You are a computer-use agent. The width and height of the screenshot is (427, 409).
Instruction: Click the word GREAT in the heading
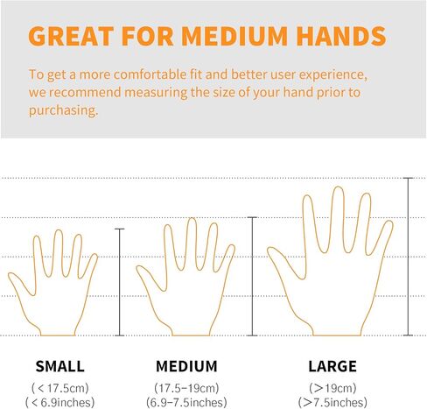pyautogui.click(x=71, y=36)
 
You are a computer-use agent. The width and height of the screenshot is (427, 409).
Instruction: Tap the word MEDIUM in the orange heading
pyautogui.click(x=234, y=36)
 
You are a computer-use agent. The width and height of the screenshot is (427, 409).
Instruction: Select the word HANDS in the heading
pyautogui.click(x=341, y=36)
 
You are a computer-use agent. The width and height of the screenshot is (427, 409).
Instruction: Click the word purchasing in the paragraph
pyautogui.click(x=63, y=110)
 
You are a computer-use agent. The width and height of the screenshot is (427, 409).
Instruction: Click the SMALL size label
pyautogui.click(x=60, y=366)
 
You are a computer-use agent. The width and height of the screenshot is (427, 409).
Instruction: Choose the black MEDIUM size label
pyautogui.click(x=186, y=366)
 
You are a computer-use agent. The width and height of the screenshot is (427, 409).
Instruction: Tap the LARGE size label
pyautogui.click(x=332, y=366)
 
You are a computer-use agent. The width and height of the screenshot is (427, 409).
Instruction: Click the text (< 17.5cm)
pyautogui.click(x=60, y=388)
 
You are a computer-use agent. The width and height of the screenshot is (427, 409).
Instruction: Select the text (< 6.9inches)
pyautogui.click(x=60, y=402)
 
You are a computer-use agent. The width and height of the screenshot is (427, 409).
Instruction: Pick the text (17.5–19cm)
pyautogui.click(x=186, y=388)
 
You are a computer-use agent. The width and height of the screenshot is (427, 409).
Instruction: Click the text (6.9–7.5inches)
pyautogui.click(x=186, y=402)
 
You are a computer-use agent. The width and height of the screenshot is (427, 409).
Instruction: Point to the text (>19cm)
pyautogui.click(x=332, y=388)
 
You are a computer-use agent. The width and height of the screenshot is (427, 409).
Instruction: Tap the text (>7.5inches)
pyautogui.click(x=332, y=402)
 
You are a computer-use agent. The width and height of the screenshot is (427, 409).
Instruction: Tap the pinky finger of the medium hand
pyautogui.click(x=226, y=257)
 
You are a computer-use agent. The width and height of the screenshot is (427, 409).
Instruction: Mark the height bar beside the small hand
pyautogui.click(x=120, y=282)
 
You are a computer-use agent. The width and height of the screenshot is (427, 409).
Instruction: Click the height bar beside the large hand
pyautogui.click(x=408, y=257)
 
